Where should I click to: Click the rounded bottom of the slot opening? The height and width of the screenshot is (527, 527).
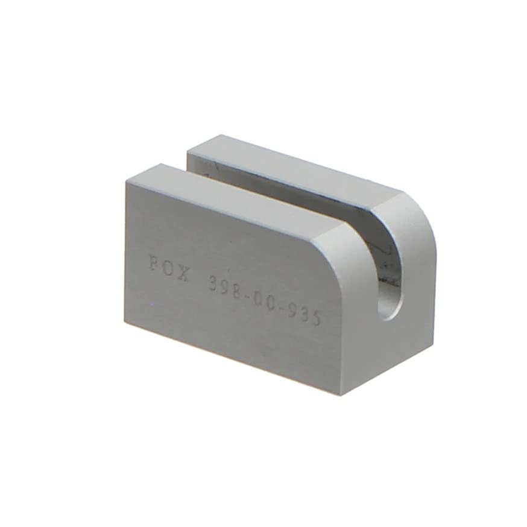pyautogui.click(x=390, y=311)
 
